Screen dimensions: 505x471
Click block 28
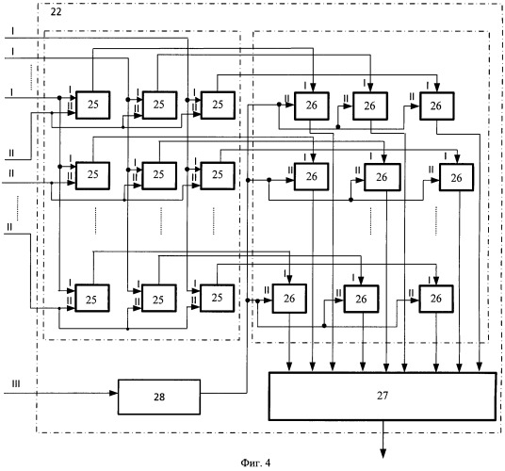159,397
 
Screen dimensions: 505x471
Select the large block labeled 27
383,396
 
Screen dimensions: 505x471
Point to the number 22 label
56,12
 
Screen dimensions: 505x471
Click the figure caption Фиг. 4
255,463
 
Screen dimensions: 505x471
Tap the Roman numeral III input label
16,383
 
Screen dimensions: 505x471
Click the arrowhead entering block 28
114,393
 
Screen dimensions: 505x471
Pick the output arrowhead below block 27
383,454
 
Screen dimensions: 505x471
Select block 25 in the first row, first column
92,105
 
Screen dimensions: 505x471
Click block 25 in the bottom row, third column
217,298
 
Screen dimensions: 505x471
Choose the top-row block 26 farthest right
437,106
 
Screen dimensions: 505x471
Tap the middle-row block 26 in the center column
383,177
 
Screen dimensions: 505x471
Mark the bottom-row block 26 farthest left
289,299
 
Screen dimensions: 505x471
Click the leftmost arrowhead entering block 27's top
289,367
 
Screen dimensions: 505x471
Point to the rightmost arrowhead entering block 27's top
480,367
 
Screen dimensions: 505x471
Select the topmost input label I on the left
12,31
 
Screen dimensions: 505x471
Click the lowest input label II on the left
9,227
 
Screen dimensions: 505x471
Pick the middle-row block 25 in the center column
159,175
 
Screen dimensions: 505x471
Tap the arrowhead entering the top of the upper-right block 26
437,88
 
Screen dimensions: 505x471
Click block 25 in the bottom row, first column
91,298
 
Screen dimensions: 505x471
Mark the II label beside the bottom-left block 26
267,290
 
